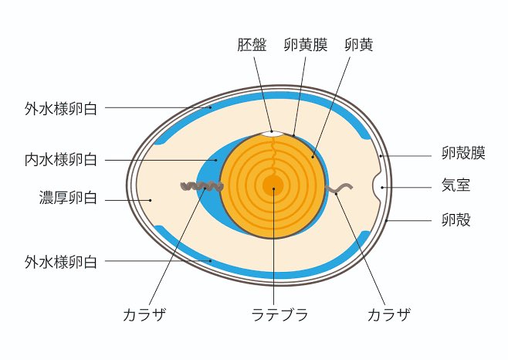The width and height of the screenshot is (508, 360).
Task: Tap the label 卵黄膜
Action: click(305, 45)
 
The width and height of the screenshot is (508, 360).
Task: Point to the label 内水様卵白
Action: click(60, 161)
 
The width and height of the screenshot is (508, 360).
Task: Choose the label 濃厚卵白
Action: click(68, 199)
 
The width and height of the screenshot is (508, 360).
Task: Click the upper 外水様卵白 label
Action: click(60, 107)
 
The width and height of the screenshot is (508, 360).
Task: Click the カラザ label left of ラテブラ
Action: click(144, 314)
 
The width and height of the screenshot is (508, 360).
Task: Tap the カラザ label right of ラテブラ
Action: click(388, 314)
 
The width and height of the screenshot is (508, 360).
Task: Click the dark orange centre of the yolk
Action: click(273, 186)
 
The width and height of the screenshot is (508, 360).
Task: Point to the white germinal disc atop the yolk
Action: click(272, 133)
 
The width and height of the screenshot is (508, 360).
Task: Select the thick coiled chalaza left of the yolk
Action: click(202, 186)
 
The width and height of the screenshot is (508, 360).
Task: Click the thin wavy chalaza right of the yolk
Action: click(340, 188)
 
